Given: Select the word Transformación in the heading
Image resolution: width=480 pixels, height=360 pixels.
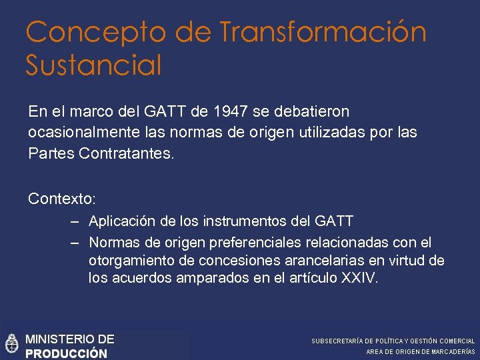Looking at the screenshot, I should pos(323,32).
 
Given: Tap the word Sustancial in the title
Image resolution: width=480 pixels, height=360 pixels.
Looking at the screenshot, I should pos(94,65).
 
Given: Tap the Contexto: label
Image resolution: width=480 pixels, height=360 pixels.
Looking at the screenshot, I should pos(62,199).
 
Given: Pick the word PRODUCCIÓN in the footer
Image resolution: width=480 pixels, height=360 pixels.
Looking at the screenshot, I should pos(66,353).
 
